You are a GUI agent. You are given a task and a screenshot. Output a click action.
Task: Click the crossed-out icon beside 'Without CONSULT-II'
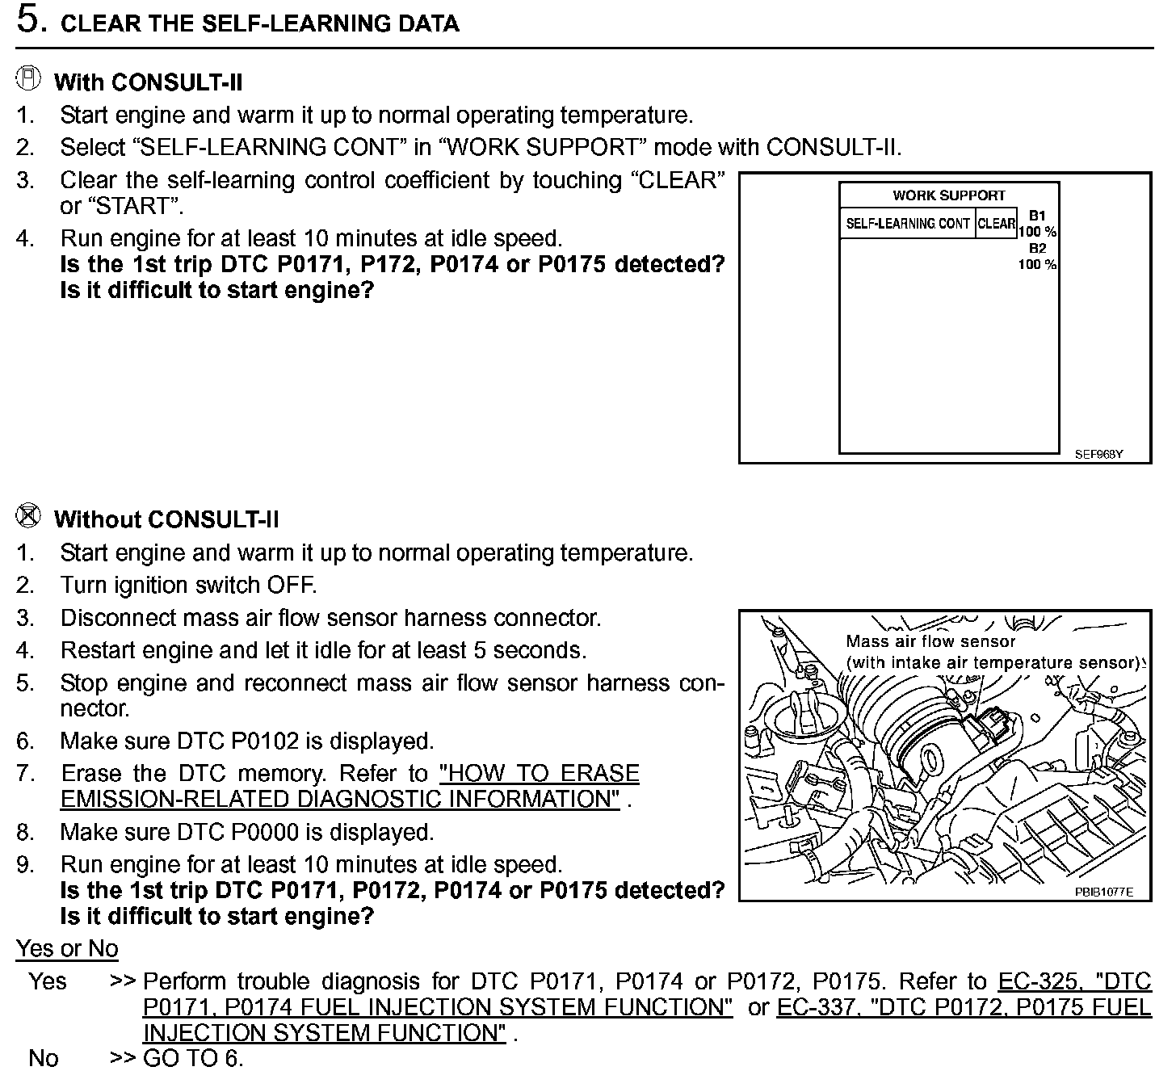pos(28,515)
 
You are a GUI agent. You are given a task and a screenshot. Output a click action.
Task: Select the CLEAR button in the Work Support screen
pos(996,224)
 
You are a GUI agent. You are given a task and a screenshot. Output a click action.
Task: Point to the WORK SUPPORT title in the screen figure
pos(948,195)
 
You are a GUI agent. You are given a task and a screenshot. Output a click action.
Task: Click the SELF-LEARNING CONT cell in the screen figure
pos(907,224)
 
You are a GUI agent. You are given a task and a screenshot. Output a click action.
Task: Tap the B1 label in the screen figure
pos(1037,216)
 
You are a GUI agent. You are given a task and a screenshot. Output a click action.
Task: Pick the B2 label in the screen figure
pos(1037,249)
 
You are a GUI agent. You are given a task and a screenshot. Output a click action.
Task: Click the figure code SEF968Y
pos(1098,454)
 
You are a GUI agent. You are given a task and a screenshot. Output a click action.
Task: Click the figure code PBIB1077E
pos(1103,892)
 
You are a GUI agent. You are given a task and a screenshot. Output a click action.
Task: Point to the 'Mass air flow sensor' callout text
pos(930,642)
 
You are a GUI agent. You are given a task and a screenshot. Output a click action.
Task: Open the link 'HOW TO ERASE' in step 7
pos(539,773)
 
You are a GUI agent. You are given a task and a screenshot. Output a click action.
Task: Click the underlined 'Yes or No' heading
pos(67,948)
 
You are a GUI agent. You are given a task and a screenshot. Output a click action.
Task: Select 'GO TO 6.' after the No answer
pos(193,1058)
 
